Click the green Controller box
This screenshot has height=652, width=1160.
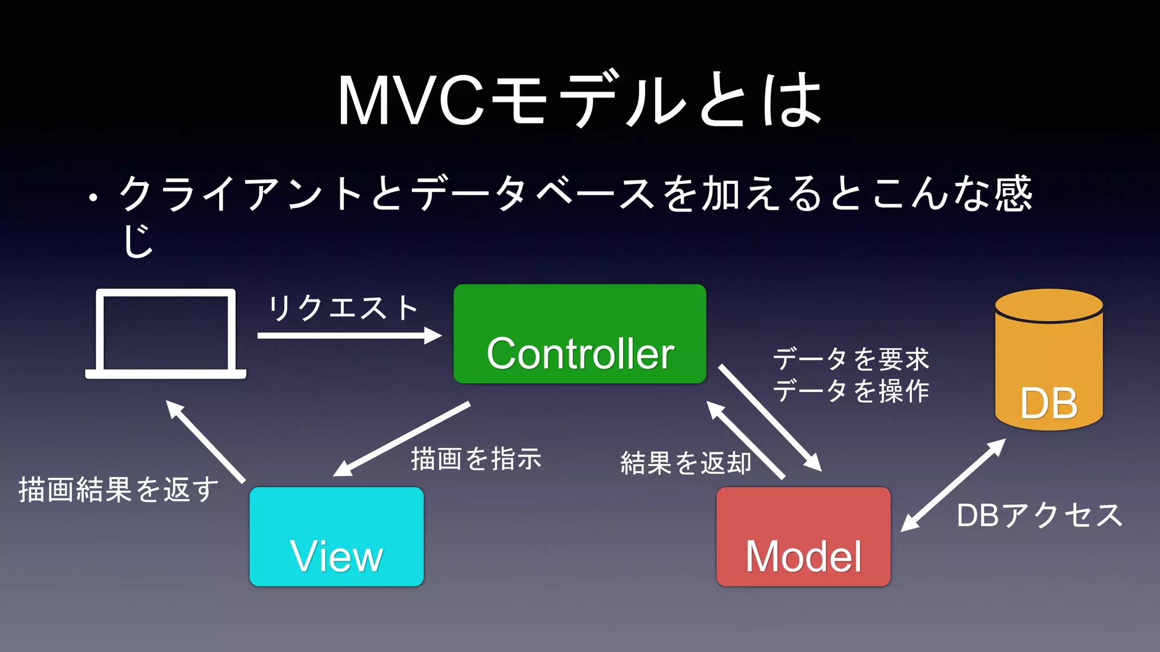point(579,334)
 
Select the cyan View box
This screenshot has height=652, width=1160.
point(336,536)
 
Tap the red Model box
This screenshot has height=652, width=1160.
point(803,536)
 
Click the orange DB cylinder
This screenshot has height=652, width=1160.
point(1048,362)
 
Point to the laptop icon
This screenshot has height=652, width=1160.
point(165,334)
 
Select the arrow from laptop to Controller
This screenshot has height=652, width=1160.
point(348,336)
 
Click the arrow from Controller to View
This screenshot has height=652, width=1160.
point(402,439)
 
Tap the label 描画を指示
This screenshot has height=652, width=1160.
point(476,458)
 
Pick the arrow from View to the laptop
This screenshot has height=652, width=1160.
point(205,441)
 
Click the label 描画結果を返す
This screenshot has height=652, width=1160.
point(118,490)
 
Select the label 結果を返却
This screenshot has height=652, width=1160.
point(685,463)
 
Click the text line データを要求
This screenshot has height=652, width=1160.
point(851,359)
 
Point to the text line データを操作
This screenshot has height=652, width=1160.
point(851,391)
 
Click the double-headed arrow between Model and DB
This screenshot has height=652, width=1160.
point(953,485)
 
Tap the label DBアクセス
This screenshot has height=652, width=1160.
point(1039,516)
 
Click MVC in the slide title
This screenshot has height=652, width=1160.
point(411,101)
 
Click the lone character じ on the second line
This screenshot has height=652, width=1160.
point(138,241)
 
